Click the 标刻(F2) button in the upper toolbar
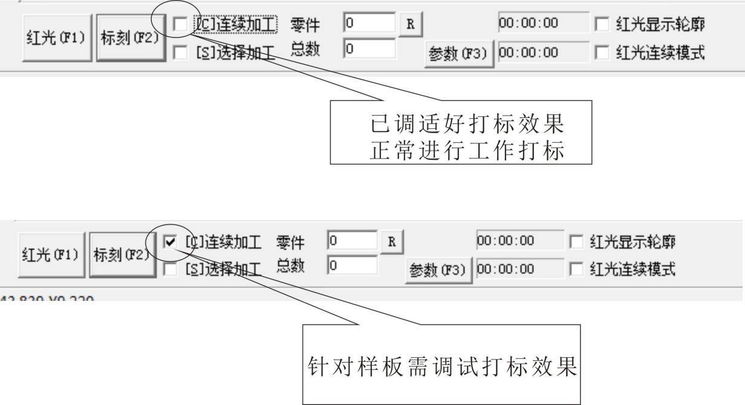131,40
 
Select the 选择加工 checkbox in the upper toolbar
180,54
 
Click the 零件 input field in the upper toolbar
369,25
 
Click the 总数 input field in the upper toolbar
369,49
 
